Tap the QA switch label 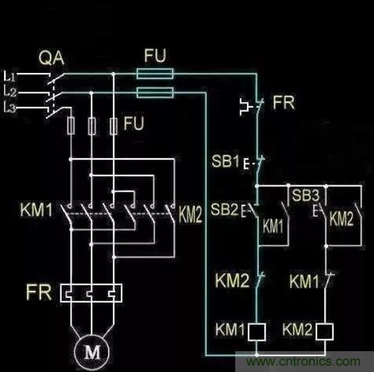51,58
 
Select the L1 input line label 10,76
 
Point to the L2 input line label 10,92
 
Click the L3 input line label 10,107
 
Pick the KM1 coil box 257,332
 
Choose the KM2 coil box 325,332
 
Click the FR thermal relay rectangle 91,293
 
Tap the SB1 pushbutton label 225,161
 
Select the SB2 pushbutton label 224,209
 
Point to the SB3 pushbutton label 305,195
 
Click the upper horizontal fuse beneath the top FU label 155,74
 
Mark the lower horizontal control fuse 155,92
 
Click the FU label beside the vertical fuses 133,124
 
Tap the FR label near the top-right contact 283,103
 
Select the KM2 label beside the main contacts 190,214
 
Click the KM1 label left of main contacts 36,210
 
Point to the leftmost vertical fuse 71,126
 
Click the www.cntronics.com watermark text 303,362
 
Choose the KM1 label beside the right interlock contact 304,281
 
